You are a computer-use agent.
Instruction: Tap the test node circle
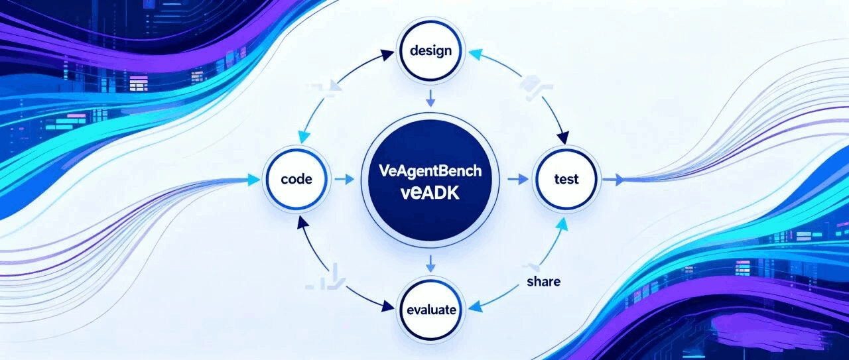[565, 179]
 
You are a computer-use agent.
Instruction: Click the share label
[543, 281]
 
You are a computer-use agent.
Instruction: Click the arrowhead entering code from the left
[253, 179]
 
